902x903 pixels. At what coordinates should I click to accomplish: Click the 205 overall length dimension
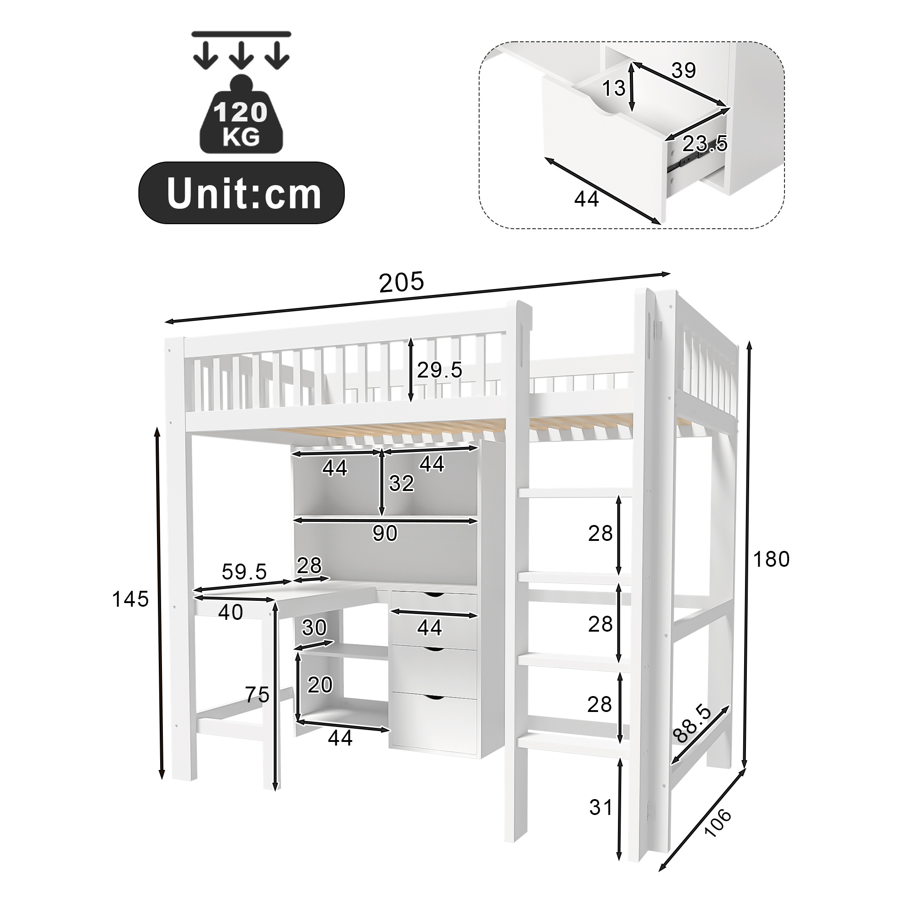(x=402, y=282)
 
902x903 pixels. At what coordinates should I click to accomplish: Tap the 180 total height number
(x=771, y=559)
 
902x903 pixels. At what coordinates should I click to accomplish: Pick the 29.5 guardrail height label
(x=439, y=370)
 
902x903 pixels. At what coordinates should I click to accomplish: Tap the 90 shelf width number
(x=385, y=533)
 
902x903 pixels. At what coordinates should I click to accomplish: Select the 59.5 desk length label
(x=244, y=571)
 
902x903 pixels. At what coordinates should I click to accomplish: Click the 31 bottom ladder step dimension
(x=601, y=807)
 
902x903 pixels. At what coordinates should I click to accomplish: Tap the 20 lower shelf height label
(x=320, y=685)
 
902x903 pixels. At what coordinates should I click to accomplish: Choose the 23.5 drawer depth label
(x=705, y=143)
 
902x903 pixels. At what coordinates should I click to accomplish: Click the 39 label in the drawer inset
(x=684, y=70)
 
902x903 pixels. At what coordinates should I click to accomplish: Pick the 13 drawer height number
(x=613, y=88)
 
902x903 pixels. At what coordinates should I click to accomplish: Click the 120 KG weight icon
(x=241, y=114)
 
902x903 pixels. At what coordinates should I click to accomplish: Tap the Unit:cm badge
(x=242, y=192)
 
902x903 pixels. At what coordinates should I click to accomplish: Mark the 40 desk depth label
(x=230, y=613)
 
